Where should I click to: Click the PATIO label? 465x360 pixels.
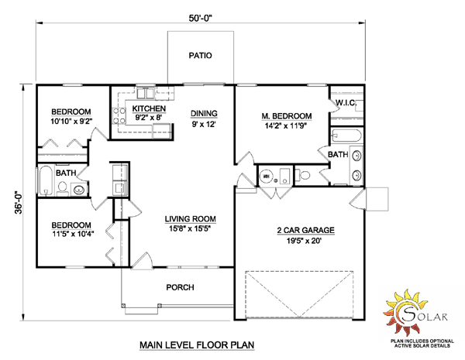(201, 56)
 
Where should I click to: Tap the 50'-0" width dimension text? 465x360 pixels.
(201, 18)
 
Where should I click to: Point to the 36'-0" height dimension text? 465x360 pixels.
(19, 202)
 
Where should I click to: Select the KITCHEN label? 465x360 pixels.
(149, 108)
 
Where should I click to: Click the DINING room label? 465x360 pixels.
(204, 114)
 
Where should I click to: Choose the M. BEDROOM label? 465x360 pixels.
(287, 116)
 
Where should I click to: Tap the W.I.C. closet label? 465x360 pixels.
(346, 103)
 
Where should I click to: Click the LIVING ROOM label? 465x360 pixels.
(191, 219)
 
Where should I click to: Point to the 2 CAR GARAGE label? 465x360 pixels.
(306, 230)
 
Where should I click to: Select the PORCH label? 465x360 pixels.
(180, 287)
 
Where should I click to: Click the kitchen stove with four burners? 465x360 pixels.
(119, 116)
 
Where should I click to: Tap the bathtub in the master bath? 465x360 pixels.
(346, 136)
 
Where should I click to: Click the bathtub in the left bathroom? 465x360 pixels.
(46, 180)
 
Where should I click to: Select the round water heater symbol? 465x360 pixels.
(266, 176)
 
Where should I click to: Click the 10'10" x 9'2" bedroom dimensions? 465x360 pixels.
(71, 122)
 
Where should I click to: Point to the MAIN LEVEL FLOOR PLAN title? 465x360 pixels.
(197, 345)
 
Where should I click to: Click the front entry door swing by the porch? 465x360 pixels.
(143, 261)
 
